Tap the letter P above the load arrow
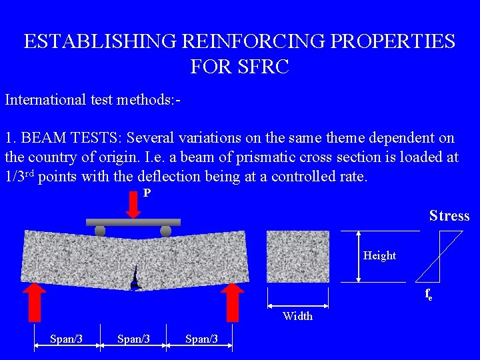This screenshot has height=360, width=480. pyautogui.click(x=147, y=193)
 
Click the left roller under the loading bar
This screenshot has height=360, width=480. pyautogui.click(x=100, y=231)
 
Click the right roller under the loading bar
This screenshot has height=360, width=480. pyautogui.click(x=166, y=231)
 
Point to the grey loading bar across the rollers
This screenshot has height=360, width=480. pyautogui.click(x=133, y=222)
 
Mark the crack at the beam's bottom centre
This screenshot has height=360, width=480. pyautogui.click(x=135, y=279)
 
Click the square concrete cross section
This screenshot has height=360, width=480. pyautogui.click(x=298, y=257)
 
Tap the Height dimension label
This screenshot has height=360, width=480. pyautogui.click(x=379, y=255)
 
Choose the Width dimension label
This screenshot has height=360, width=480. pyautogui.click(x=297, y=316)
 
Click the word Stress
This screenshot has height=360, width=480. pyautogui.click(x=449, y=216)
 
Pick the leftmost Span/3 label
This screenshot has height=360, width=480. pyautogui.click(x=66, y=339)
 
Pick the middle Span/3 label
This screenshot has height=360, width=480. pyautogui.click(x=133, y=339)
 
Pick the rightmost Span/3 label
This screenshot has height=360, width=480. pyautogui.click(x=201, y=339)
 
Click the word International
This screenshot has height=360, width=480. pyautogui.click(x=44, y=100)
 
